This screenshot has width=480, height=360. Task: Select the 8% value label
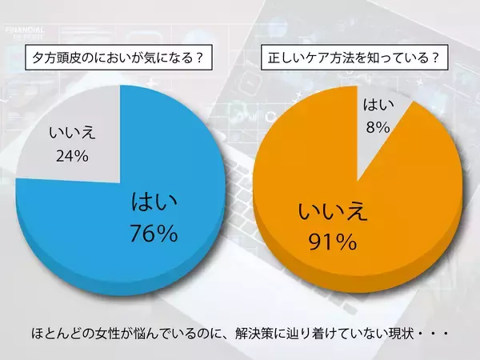[x=378, y=126]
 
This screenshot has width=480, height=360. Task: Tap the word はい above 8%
[x=378, y=104]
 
